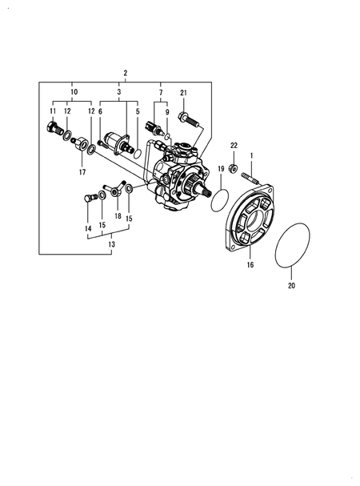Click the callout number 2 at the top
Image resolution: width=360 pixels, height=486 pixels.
point(126,74)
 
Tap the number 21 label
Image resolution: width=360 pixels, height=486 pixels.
point(183,94)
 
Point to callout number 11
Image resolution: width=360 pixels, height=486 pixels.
point(53,110)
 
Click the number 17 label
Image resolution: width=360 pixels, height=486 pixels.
point(82,171)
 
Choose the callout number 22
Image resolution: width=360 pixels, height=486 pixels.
point(234,145)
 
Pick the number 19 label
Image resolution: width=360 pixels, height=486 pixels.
point(221,168)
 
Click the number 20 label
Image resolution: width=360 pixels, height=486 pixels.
point(291,284)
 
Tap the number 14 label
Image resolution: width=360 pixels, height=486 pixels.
point(88,228)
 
